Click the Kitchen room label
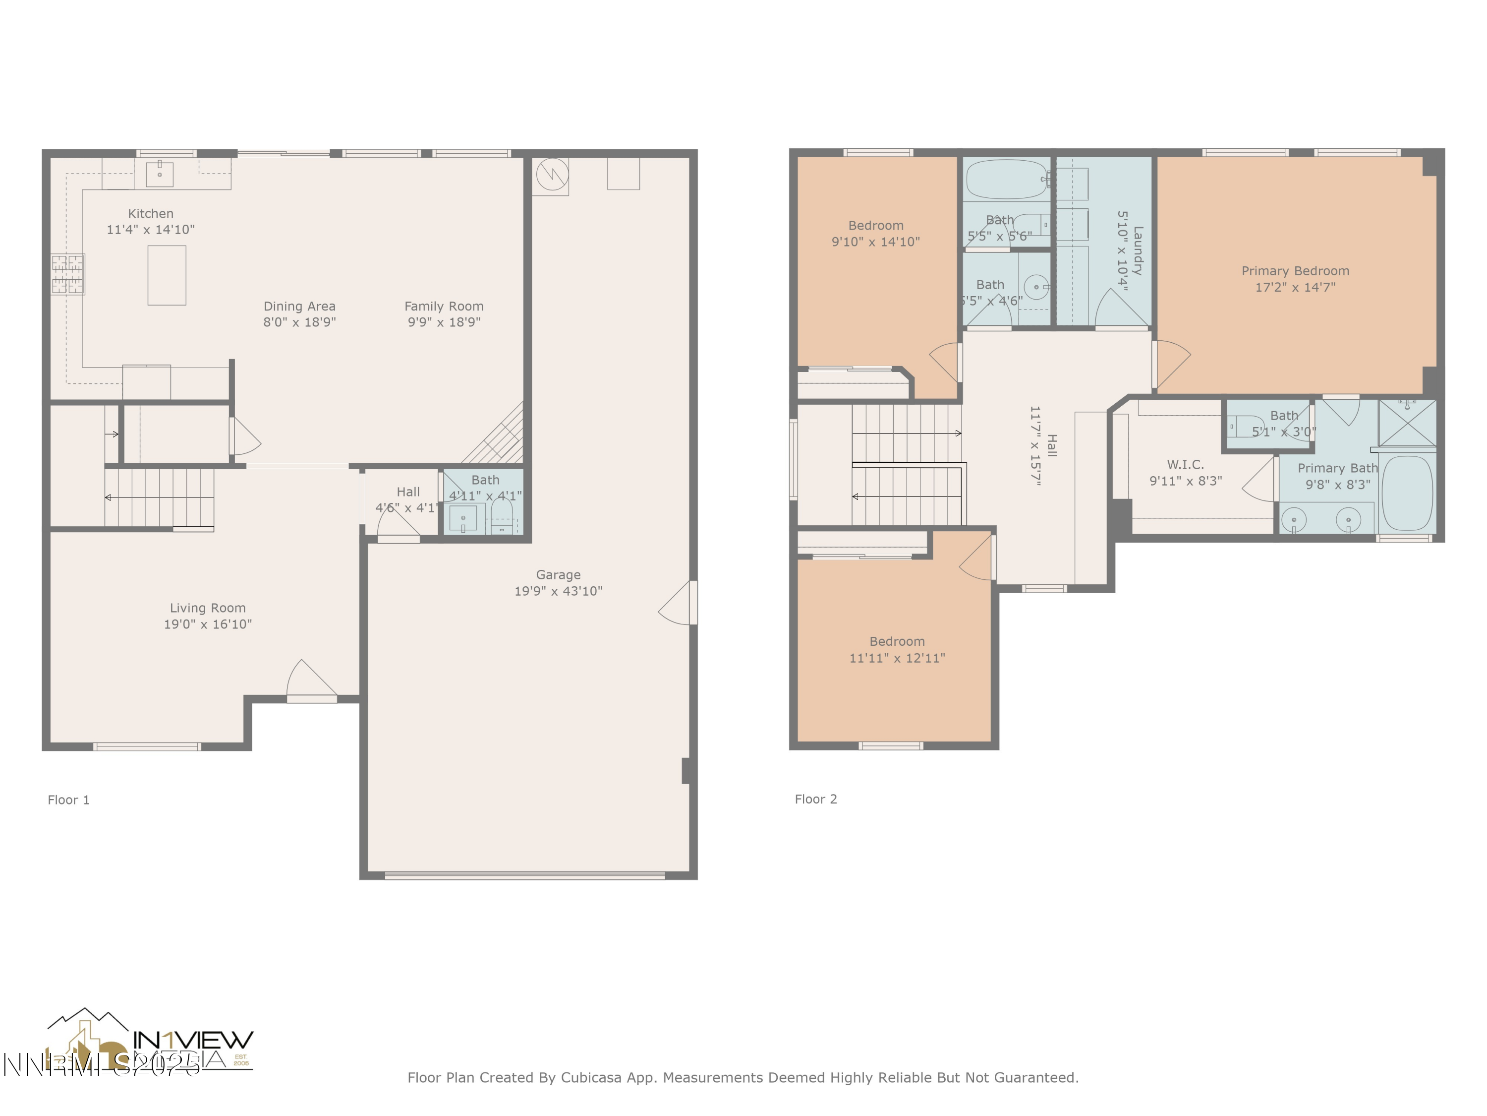point(151,213)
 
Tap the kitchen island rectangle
point(167,275)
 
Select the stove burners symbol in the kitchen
point(68,274)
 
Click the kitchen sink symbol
point(159,173)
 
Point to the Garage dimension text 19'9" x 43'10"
point(558,591)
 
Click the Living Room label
point(207,608)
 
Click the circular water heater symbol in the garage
point(552,175)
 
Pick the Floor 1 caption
point(68,800)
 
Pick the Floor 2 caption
point(815,799)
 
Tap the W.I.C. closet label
point(1185,465)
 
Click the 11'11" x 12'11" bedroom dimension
point(897,658)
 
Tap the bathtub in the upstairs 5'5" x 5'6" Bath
point(1006,179)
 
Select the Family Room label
point(444,306)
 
